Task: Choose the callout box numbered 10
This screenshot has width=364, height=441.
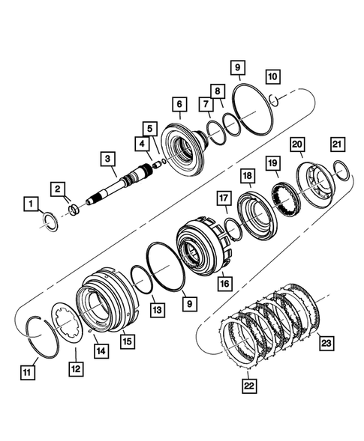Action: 271,76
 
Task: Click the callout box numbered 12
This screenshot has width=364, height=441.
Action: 76,371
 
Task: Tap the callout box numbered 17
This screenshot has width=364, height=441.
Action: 222,198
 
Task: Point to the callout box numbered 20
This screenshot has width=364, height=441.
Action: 297,145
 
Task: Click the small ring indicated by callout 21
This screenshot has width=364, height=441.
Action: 339,172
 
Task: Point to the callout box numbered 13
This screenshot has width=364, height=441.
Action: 155,308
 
